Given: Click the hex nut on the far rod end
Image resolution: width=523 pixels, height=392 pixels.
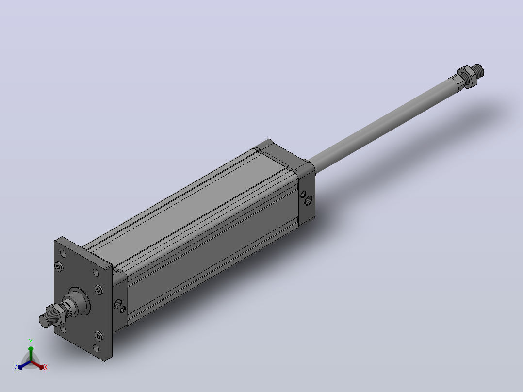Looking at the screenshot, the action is coord(466,76).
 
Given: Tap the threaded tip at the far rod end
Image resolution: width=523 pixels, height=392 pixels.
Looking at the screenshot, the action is coord(478,70).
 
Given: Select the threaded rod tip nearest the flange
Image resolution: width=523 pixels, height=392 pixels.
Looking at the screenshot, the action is coord(45,321).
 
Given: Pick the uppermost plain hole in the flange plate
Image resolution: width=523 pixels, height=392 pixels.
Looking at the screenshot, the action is coord(63,254).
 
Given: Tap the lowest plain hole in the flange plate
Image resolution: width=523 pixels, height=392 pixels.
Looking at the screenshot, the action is coord(97,348).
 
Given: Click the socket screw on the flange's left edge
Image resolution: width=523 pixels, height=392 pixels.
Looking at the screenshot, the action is coord(59,266).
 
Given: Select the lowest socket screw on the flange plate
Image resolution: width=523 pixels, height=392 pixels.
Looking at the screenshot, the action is coord(99,336).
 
